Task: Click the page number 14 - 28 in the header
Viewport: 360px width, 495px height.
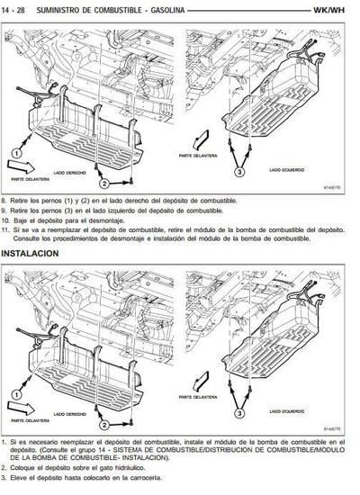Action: pyautogui.click(x=16, y=9)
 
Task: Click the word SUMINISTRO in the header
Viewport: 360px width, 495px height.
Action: pyautogui.click(x=61, y=9)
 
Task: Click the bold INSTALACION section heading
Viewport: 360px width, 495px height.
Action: pyautogui.click(x=31, y=254)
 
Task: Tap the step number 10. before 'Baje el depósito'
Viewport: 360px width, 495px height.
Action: pyautogui.click(x=6, y=220)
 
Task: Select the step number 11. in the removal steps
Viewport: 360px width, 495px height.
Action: pyautogui.click(x=6, y=230)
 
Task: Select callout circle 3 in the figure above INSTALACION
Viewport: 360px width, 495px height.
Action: pyautogui.click(x=239, y=172)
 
